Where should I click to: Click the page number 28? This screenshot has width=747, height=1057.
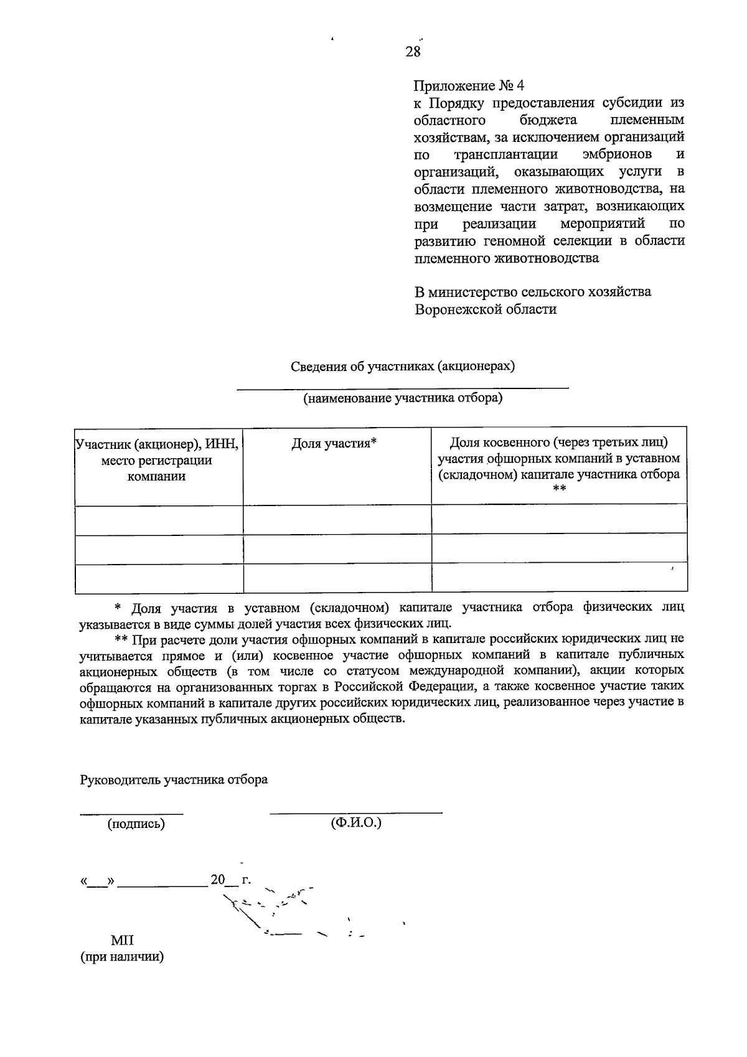[x=413, y=52]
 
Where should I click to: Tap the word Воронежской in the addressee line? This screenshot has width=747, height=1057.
[x=454, y=309]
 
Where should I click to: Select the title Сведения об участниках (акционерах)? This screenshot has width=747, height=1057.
[x=403, y=366]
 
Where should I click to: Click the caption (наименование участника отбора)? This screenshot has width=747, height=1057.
[x=403, y=398]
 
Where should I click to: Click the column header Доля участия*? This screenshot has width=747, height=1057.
[x=334, y=443]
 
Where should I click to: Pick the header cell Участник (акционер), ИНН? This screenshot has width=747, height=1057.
[x=157, y=444]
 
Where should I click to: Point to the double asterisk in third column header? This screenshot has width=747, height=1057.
[x=558, y=490]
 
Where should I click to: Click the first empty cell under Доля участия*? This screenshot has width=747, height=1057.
[x=337, y=519]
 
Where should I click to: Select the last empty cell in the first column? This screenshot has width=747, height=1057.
[x=159, y=578]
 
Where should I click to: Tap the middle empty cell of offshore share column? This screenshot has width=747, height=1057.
[x=559, y=548]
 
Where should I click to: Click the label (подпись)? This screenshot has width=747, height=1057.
[x=136, y=824]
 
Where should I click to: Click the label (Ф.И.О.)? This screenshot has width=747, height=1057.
[x=356, y=823]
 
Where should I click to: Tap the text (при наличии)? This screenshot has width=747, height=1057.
[x=122, y=957]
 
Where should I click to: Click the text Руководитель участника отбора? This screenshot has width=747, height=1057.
[x=174, y=779]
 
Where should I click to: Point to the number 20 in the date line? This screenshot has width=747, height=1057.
[x=217, y=880]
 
